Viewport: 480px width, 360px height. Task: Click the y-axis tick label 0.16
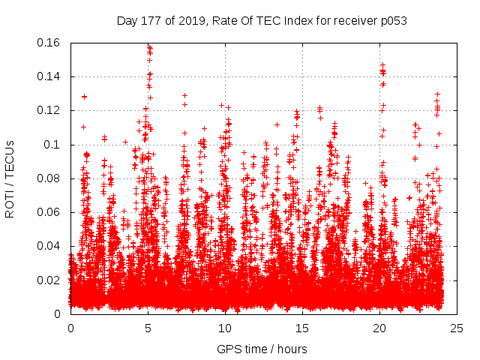point(49,43)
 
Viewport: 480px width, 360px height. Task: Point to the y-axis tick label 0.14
point(49,76)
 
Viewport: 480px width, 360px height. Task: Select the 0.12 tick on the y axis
point(49,110)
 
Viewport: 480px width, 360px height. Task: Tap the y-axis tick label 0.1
point(52,145)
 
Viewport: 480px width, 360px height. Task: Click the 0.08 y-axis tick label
point(49,178)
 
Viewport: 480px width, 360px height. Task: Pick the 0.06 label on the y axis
point(49,212)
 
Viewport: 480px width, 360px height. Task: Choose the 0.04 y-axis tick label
point(49,246)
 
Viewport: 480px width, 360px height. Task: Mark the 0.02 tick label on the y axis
point(49,280)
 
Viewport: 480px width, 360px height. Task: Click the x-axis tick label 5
point(148,328)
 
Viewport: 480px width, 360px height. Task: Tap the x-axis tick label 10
point(225,328)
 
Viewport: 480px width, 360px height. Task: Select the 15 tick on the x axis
point(302,328)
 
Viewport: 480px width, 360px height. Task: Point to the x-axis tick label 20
point(380,328)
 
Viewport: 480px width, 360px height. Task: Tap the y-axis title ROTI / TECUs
point(10,178)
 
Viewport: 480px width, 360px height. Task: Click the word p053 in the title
point(391,20)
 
